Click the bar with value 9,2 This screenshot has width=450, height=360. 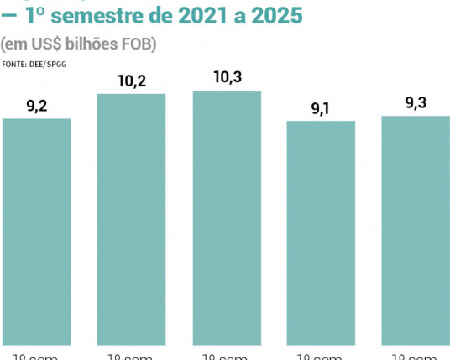point(36,231)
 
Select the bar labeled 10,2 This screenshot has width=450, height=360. point(131,218)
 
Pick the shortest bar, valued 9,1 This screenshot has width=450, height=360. point(321,232)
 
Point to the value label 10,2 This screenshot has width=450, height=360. point(132,81)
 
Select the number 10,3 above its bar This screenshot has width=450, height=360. point(228,78)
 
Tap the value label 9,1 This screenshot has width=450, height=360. point(321,108)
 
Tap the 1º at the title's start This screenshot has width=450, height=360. point(39,16)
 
